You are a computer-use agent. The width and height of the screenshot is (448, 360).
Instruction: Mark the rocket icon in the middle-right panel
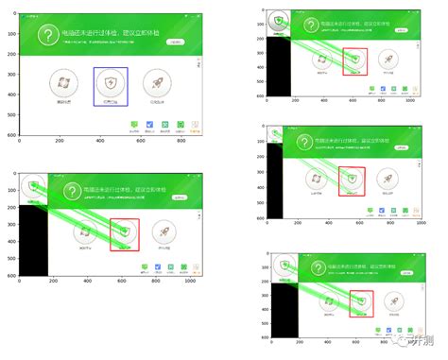coord(388,179)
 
